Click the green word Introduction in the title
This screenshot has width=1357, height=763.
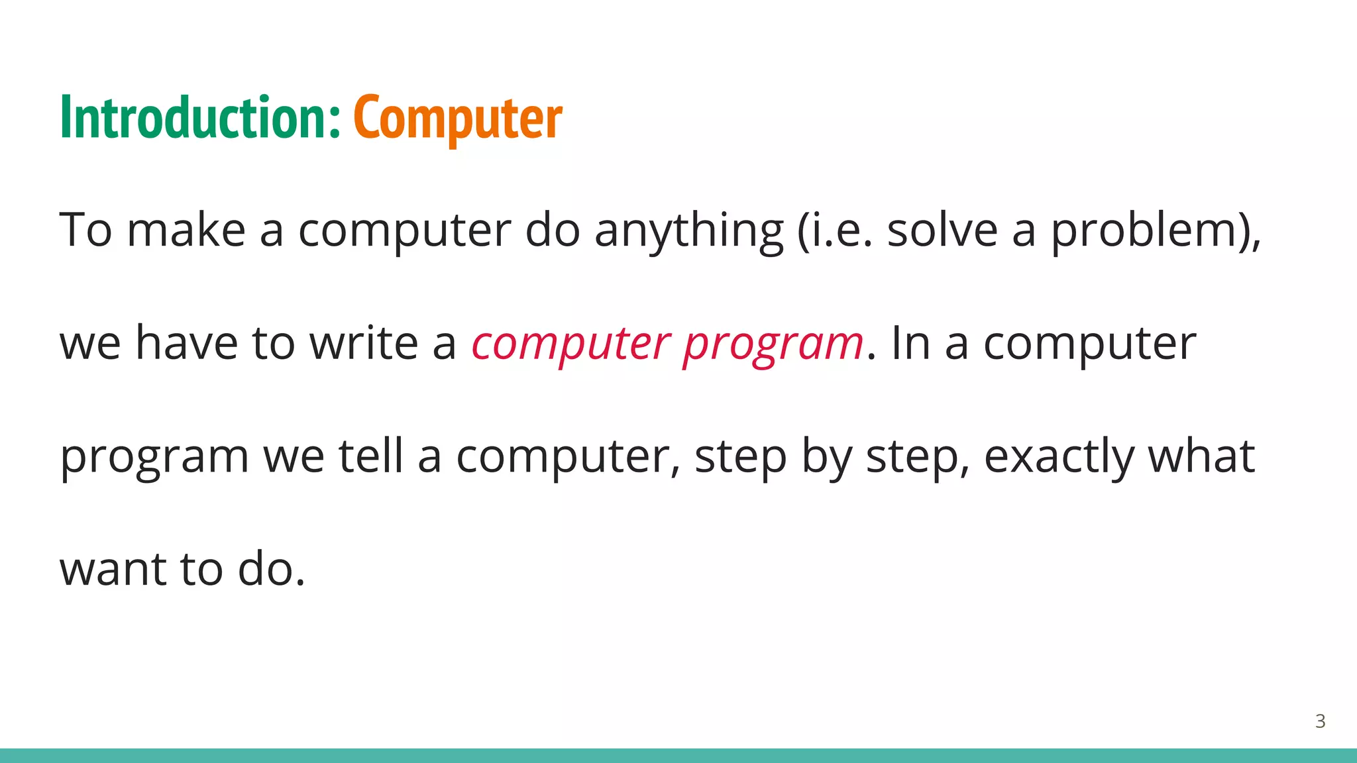[x=199, y=118]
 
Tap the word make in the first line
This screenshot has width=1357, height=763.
[x=186, y=230]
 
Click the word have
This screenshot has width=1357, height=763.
[x=186, y=343]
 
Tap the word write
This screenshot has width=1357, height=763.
[x=364, y=343]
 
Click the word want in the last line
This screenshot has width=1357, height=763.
[x=113, y=570]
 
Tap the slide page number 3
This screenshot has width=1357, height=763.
[x=1320, y=721]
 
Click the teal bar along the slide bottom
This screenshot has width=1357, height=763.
[x=678, y=756]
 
